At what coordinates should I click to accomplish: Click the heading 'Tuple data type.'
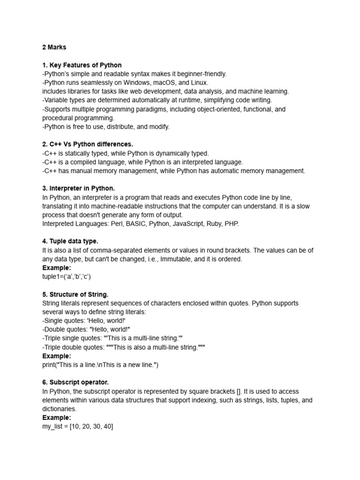[70, 241]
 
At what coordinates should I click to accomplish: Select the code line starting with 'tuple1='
[66, 277]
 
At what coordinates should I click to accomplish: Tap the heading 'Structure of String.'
[75, 294]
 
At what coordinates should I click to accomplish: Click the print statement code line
[100, 365]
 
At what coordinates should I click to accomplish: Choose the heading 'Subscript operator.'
[75, 382]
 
